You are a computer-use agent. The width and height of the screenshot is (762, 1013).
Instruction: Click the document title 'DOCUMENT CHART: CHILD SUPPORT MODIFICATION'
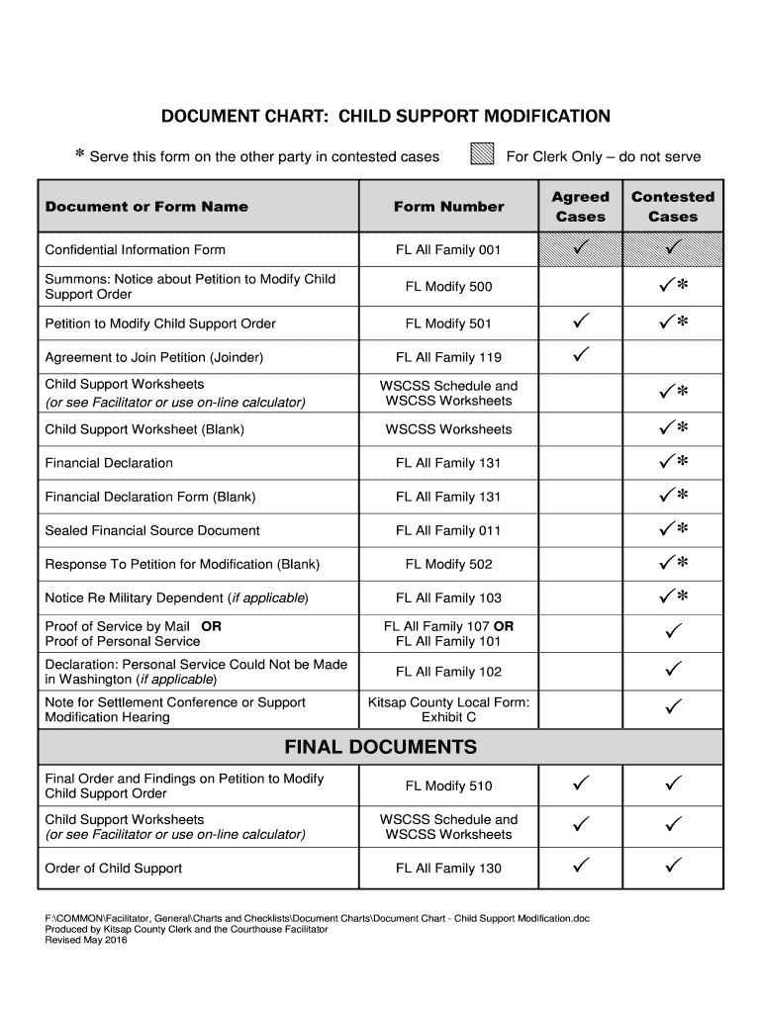[x=386, y=117]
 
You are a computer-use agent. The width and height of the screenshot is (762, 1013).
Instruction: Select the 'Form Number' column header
[x=448, y=207]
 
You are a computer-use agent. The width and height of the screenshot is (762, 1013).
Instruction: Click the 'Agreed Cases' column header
[x=580, y=207]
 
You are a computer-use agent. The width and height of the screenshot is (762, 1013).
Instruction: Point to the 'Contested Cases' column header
[x=672, y=207]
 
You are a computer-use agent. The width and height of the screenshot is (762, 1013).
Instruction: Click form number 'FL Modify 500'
[x=448, y=287]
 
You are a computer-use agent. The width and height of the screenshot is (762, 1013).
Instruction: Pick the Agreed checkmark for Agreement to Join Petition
[x=580, y=354]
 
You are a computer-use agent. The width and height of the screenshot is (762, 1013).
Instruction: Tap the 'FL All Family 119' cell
[x=448, y=357]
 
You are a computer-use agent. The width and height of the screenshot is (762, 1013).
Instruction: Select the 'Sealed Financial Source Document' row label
[x=152, y=530]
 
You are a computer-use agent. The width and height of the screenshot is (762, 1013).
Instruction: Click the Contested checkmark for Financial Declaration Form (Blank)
[x=673, y=496]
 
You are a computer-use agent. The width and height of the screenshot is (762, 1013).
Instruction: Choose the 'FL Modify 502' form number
[x=448, y=564]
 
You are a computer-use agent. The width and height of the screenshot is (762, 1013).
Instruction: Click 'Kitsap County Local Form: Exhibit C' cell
[x=448, y=709]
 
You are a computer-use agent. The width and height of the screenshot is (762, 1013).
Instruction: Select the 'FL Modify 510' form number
[x=448, y=786]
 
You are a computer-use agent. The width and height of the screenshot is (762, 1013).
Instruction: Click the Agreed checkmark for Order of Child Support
[x=580, y=867]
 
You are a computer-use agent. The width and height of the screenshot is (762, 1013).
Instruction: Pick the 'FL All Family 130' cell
[x=448, y=869]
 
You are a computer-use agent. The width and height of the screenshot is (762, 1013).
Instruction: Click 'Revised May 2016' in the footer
[x=86, y=941]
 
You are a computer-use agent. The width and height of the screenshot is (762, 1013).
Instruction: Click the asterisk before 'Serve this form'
[x=80, y=156]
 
